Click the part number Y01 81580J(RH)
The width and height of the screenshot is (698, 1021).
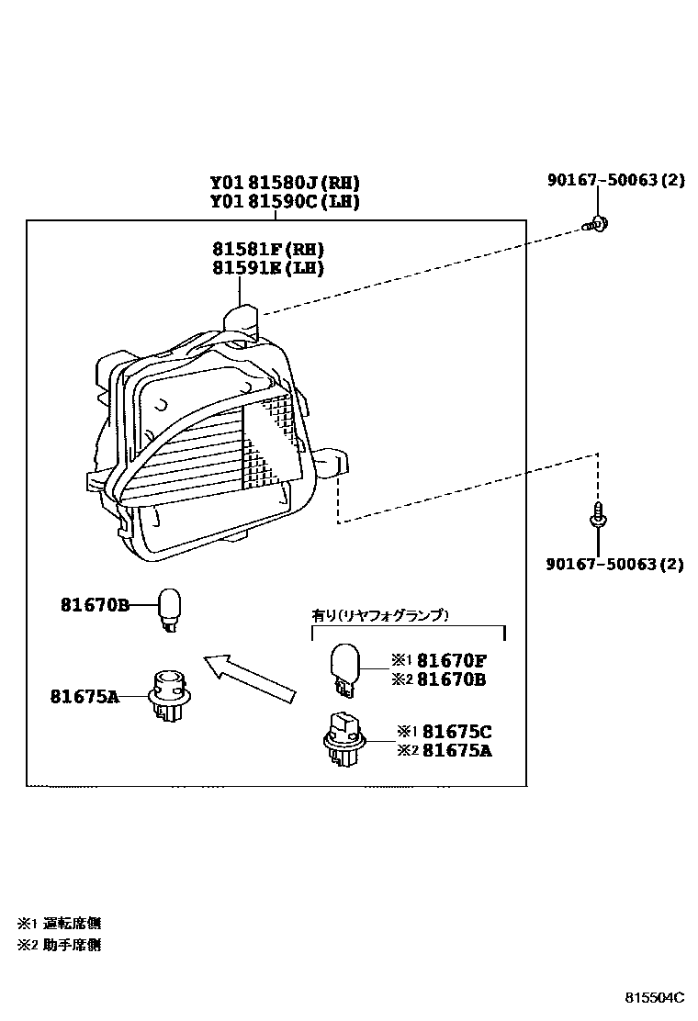point(284,183)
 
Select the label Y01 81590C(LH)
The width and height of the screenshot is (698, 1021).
point(284,202)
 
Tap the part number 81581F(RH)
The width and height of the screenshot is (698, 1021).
point(268,249)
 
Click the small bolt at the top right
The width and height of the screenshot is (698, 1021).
point(598,222)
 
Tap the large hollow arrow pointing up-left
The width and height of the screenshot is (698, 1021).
point(248,679)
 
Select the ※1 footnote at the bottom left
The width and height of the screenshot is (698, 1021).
point(59,923)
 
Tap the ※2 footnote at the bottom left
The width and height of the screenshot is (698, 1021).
point(59,945)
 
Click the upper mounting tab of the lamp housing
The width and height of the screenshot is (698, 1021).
point(242,321)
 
